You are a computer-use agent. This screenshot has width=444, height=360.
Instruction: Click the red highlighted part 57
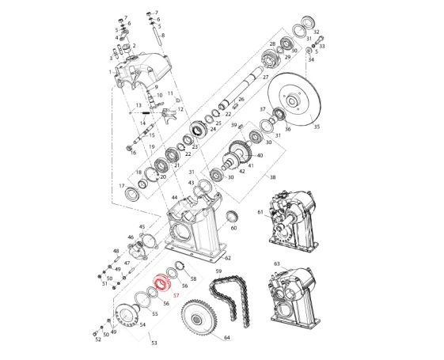click(161, 282)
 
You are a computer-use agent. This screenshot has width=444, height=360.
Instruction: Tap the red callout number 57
click(176, 295)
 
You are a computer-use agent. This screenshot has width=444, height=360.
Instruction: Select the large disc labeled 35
click(294, 99)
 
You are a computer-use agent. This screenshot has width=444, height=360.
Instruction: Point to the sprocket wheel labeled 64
click(197, 319)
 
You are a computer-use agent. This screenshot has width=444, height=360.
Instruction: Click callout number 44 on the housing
click(175, 197)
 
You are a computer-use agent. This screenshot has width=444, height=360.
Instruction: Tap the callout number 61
click(260, 212)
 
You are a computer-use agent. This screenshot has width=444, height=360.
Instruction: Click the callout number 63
click(277, 263)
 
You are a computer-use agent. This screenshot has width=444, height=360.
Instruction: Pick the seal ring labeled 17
click(132, 194)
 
